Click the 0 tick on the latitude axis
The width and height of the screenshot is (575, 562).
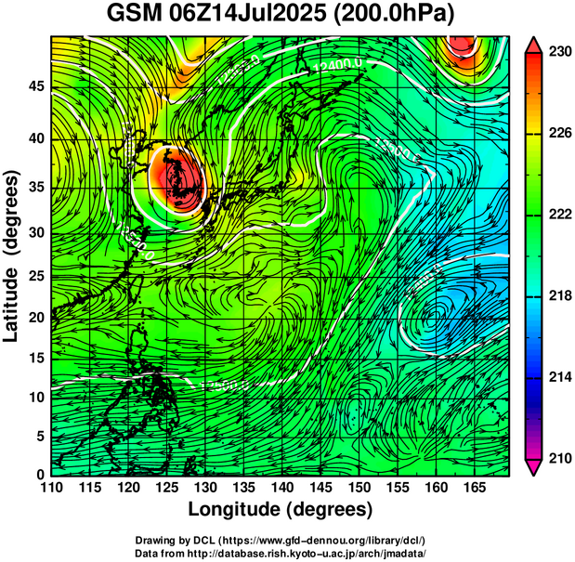pos(40,474)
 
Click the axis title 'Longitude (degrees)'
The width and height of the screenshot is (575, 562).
pos(281,510)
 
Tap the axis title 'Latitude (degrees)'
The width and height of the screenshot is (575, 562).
pos(12,255)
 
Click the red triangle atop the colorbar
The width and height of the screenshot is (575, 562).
pos(534,45)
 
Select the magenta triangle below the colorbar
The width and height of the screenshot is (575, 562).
pos(534,466)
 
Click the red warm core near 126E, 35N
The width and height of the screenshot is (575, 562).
pos(176,178)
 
